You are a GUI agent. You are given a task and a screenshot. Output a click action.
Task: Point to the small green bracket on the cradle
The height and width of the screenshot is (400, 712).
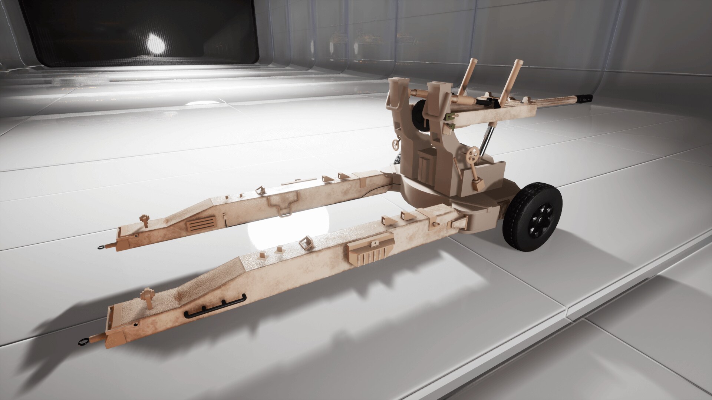coord(451,117)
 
